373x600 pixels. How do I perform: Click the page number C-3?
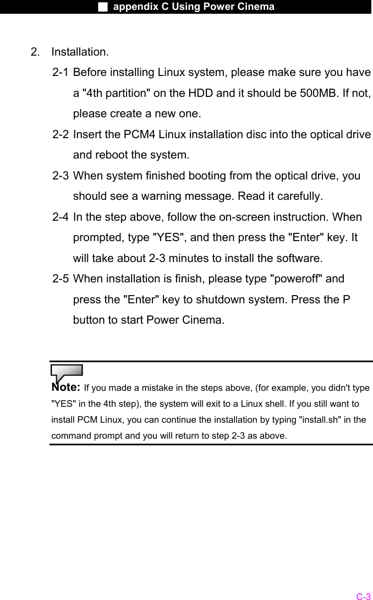click(x=363, y=596)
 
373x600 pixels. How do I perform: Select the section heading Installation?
click(x=80, y=52)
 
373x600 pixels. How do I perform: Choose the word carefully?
click(x=296, y=197)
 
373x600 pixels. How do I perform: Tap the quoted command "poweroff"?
click(x=298, y=279)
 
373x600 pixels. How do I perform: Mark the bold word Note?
click(x=66, y=387)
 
